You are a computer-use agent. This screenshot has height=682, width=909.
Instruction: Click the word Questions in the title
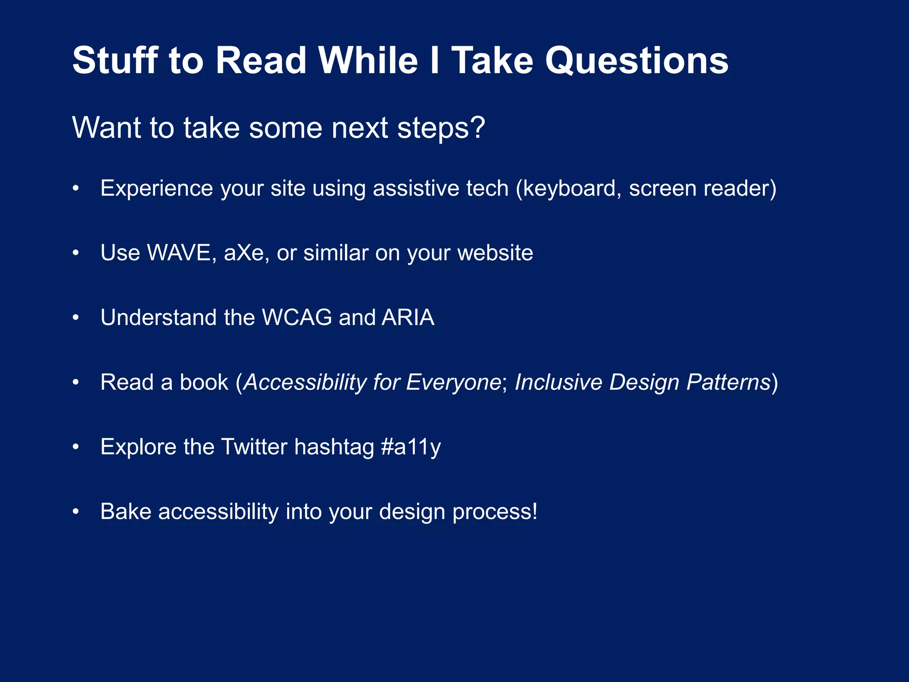pyautogui.click(x=636, y=61)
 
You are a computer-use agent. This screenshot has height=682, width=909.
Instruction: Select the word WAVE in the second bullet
pyautogui.click(x=181, y=253)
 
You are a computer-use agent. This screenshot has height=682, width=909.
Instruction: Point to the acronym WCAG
pyautogui.click(x=297, y=317)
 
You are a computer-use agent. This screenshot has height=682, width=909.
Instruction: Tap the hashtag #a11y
pyautogui.click(x=411, y=447)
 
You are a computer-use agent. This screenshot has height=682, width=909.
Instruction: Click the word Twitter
pyautogui.click(x=254, y=447)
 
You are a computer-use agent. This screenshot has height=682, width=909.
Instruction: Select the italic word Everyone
pyautogui.click(x=454, y=382)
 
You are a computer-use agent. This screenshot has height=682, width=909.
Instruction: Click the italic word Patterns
pyautogui.click(x=728, y=382)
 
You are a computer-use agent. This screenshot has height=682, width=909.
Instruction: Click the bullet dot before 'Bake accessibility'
pyautogui.click(x=76, y=511)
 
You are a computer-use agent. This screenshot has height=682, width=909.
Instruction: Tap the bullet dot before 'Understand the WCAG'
pyautogui.click(x=76, y=317)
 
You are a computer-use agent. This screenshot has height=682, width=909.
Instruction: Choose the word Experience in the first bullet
pyautogui.click(x=157, y=189)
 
